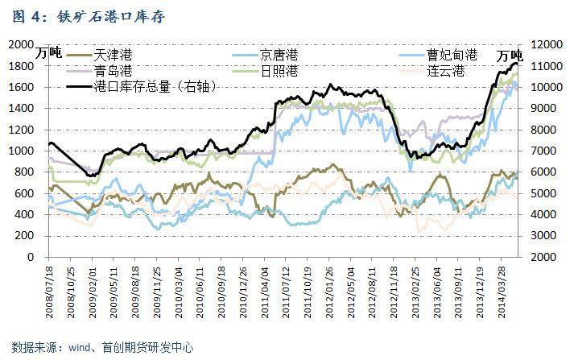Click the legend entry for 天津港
(113, 55)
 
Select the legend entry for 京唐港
(279, 55)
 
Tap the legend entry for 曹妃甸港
(452, 55)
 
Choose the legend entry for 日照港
(279, 71)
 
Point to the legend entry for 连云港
(446, 71)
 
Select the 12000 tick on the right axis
(543, 44)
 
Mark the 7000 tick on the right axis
(539, 151)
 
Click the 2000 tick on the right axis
(539, 257)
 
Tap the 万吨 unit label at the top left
(49, 54)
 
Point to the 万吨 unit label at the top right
(510, 56)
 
